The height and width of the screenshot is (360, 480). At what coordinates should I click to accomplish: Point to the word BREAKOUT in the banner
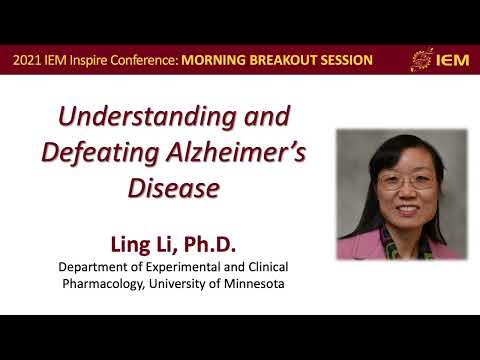(288, 60)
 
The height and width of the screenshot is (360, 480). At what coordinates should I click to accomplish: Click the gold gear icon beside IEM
(421, 61)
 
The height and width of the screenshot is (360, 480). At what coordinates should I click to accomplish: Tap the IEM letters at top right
(451, 61)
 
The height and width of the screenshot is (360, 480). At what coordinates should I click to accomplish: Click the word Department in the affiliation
(96, 267)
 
